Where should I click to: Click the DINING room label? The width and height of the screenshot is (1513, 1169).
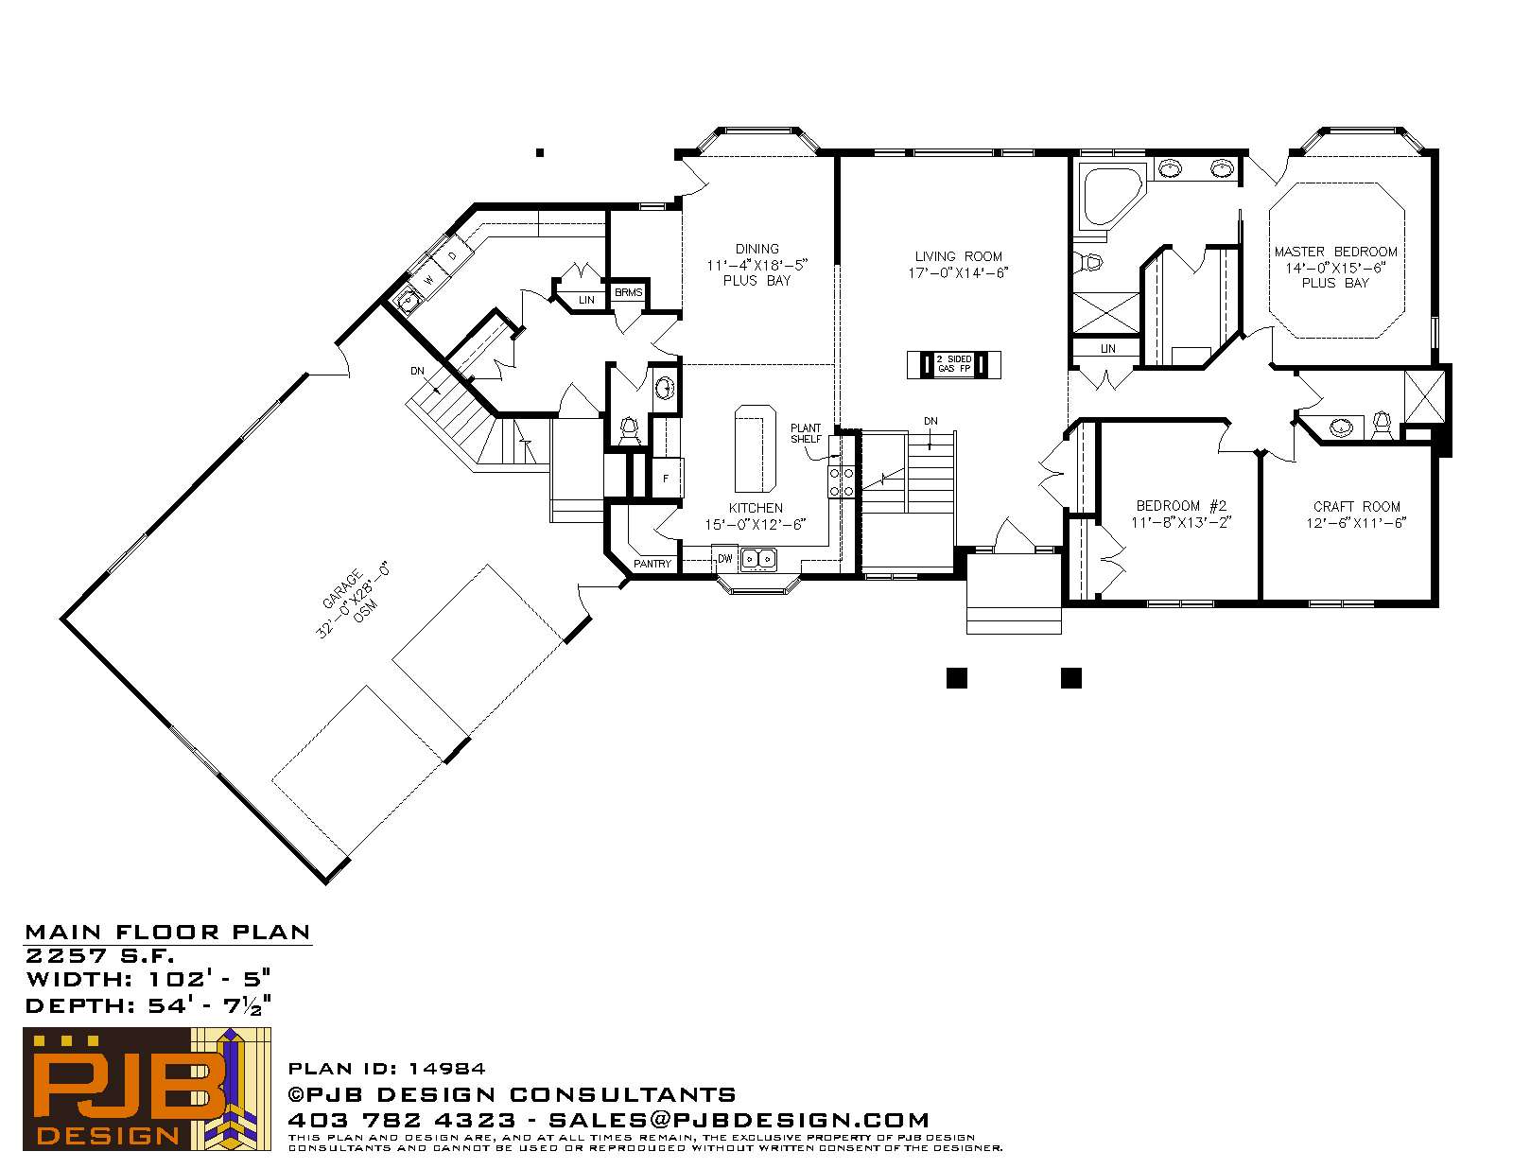[756, 249]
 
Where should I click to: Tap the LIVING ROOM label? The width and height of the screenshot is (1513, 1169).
[958, 256]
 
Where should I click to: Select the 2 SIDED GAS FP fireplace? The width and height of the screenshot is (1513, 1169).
[954, 364]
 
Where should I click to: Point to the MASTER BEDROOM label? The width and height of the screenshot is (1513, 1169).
[1335, 252]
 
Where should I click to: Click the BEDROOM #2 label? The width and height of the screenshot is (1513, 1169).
[1181, 505]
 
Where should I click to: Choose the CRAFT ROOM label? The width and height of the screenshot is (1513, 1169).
[1356, 506]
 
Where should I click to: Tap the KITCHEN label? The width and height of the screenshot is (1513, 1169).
[756, 508]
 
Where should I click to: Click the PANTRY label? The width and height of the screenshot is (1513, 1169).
[652, 564]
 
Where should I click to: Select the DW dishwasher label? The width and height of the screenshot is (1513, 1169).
[724, 558]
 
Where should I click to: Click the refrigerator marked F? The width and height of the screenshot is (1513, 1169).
[667, 478]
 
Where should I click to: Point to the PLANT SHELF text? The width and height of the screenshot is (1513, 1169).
[806, 433]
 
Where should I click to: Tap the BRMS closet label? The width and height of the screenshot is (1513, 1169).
[628, 292]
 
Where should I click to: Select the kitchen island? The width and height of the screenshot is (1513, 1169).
[756, 449]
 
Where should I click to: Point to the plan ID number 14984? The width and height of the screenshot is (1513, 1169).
[446, 1068]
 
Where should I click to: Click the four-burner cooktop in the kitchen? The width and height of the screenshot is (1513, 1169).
[841, 481]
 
